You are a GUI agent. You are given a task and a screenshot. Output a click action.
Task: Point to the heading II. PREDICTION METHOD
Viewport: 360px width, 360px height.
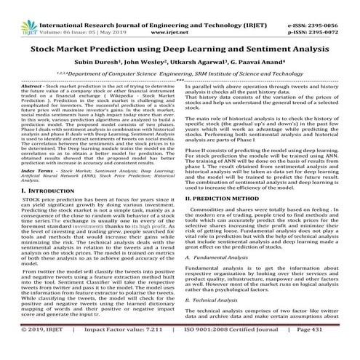[x=226, y=198]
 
